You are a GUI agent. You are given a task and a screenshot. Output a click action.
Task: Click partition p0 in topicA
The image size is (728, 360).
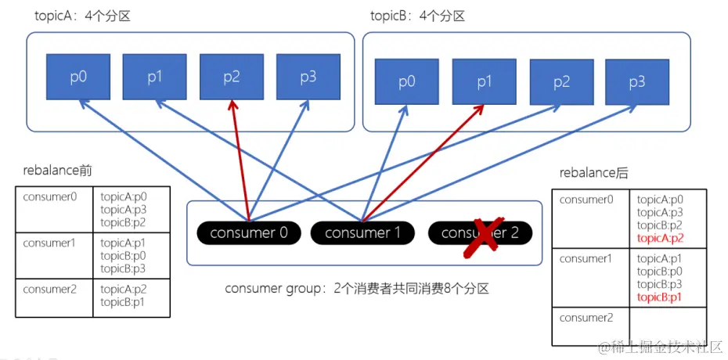point(77,77)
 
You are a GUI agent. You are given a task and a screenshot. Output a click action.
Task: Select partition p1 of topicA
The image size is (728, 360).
point(154,77)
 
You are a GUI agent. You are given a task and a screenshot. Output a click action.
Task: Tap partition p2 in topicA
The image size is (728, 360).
point(231,77)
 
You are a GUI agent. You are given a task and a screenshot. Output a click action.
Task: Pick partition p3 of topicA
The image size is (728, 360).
point(308,77)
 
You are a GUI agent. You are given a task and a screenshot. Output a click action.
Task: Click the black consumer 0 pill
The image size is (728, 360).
point(249,232)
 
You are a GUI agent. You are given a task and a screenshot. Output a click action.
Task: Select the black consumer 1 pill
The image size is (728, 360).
point(362,232)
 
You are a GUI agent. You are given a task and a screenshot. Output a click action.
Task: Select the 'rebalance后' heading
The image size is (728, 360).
point(593,173)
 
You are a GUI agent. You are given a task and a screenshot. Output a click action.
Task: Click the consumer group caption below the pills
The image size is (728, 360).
point(356,289)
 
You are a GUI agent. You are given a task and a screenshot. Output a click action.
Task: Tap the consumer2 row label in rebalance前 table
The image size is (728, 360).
point(50,289)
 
